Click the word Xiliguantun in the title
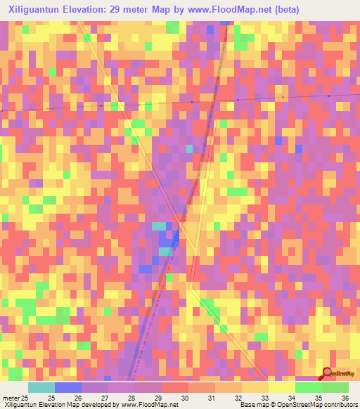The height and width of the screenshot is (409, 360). pyautogui.click(x=31, y=9)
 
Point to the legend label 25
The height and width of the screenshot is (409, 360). pyautogui.click(x=51, y=398)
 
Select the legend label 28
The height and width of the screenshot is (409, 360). pyautogui.click(x=131, y=398)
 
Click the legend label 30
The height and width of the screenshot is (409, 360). pyautogui.click(x=185, y=398)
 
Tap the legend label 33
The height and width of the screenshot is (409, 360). pyautogui.click(x=265, y=398)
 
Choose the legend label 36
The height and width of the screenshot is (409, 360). pyautogui.click(x=345, y=398)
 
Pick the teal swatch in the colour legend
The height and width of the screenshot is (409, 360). pyautogui.click(x=41, y=387)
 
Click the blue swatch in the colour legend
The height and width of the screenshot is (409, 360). pyautogui.click(x=68, y=387)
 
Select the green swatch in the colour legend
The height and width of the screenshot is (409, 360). pyautogui.click(x=309, y=387)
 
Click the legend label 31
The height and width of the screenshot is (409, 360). pyautogui.click(x=212, y=398)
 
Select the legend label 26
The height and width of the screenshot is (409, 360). pyautogui.click(x=78, y=398)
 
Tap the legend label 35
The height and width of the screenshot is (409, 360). pyautogui.click(x=319, y=398)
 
